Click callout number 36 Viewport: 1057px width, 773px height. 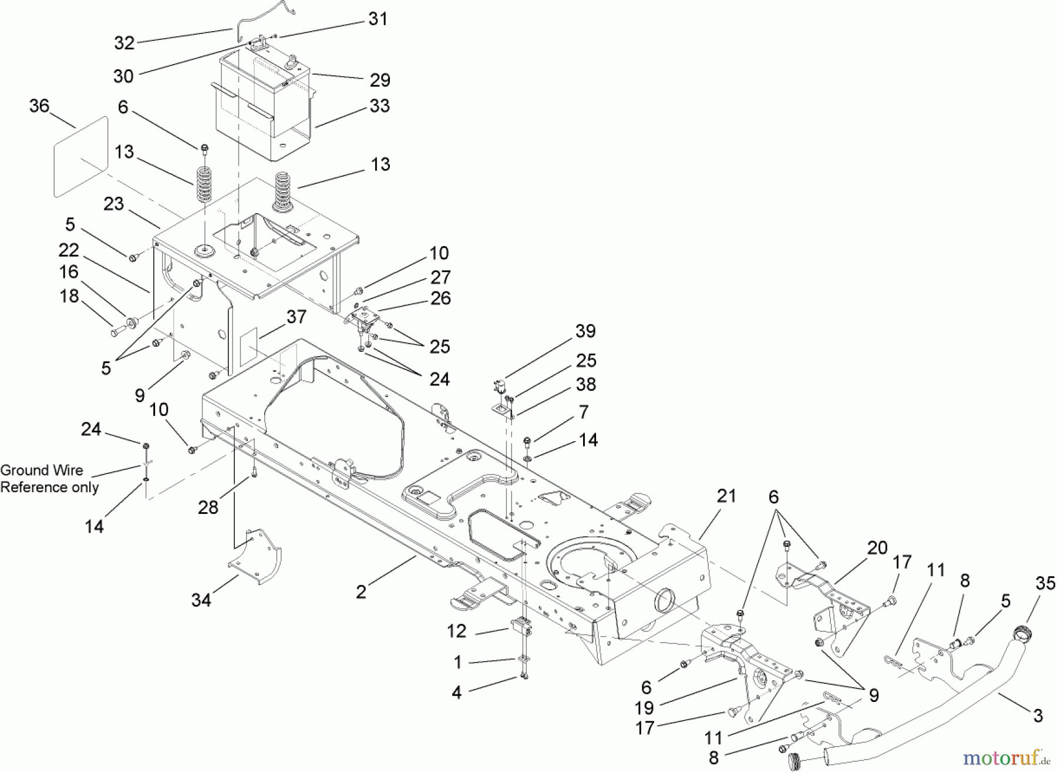point(39,106)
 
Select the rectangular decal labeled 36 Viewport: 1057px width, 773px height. point(81,157)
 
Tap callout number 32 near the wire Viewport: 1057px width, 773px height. point(124,43)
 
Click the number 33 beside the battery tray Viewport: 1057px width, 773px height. point(379,106)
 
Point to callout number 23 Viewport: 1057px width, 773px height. point(114,204)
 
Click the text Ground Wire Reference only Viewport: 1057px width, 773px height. point(49,479)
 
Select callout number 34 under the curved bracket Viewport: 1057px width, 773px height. point(201,600)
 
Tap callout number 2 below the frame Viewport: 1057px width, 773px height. point(361,591)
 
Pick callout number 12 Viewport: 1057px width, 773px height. point(456,631)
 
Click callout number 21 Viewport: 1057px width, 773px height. point(726,496)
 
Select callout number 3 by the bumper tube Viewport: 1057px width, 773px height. point(1038,715)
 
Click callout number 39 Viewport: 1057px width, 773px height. point(585,331)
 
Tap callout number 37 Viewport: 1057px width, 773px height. point(296,317)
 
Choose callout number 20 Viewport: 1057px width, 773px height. point(877,548)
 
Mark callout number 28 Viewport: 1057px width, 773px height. point(208,507)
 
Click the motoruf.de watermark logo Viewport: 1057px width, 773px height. point(1006,758)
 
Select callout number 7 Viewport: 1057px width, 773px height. point(583,412)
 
